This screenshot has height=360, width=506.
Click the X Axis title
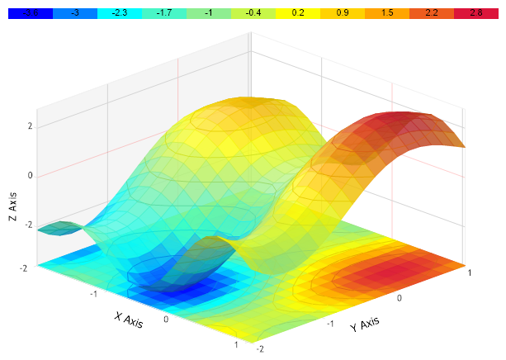tap(129, 320)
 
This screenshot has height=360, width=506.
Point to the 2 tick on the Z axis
tap(30, 126)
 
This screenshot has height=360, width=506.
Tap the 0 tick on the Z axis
tap(30, 175)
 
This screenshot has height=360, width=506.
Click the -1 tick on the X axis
tap(95, 293)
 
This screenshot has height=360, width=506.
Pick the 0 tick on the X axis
tap(166, 319)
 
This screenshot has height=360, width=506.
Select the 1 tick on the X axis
tap(237, 344)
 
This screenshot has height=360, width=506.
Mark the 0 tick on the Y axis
tap(400, 296)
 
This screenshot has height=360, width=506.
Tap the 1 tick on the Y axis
tap(469, 271)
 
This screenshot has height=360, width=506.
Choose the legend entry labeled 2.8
tap(475, 14)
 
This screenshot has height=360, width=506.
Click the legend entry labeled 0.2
tap(298, 14)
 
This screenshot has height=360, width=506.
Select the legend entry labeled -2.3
tap(120, 14)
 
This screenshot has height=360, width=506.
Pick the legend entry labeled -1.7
tap(164, 14)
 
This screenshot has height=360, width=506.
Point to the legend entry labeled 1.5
tap(387, 14)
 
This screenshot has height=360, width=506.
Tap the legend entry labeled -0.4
tap(253, 14)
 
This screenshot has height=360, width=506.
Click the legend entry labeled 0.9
tap(343, 14)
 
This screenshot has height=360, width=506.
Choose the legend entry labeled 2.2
tap(432, 14)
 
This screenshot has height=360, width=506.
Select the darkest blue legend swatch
tap(31, 14)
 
